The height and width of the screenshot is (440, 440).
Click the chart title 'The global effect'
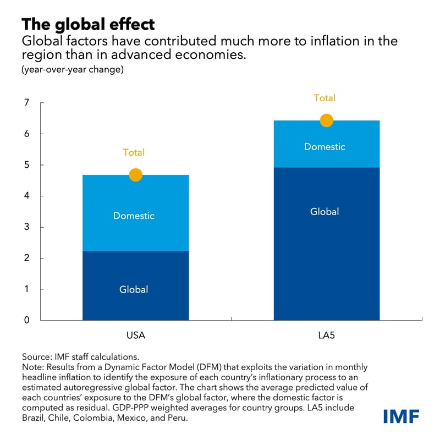point(88,24)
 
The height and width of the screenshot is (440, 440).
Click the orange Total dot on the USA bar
point(135,175)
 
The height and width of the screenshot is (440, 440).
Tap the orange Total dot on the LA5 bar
point(326,120)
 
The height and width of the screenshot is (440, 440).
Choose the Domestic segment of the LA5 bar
point(324,147)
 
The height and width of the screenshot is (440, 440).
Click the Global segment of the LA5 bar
point(324,212)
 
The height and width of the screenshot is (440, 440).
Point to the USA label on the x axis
point(135,334)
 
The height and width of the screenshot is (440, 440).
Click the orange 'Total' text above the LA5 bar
point(324,98)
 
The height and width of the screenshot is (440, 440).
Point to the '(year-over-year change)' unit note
point(72,70)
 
